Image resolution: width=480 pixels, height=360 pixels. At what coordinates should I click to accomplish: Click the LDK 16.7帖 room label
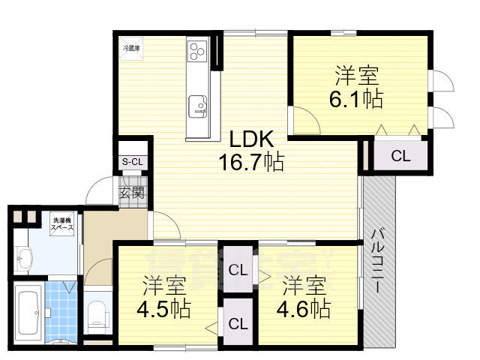pos(250,150)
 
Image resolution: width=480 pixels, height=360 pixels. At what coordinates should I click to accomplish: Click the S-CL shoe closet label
pos(133,161)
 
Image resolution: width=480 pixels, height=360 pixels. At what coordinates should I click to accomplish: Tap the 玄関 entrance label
pos(132,193)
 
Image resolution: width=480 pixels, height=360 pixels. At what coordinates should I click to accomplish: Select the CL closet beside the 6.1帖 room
pos(400,156)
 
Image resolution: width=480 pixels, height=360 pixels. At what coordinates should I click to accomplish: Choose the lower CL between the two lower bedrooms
pos(238,323)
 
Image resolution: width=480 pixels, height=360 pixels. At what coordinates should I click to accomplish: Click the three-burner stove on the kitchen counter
pos(199,52)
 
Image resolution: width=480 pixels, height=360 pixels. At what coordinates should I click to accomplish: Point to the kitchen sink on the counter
pos(199,106)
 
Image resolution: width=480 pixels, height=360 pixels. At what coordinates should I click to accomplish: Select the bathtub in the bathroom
pos(28,310)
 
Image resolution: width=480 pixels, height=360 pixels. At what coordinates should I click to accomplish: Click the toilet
pos(97,313)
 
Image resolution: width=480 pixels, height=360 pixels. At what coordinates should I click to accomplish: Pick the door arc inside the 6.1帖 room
pos(304,121)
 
